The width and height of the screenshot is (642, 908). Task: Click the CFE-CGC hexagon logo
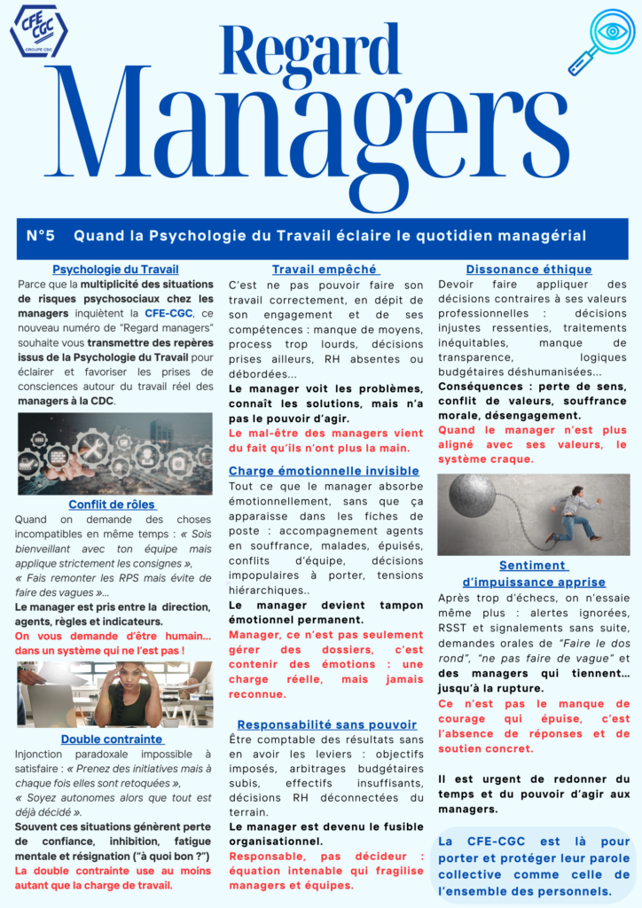click(x=38, y=31)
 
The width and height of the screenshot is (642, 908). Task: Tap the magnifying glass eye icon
click(x=603, y=39)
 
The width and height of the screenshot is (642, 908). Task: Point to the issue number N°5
click(x=41, y=236)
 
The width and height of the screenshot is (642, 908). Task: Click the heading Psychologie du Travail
click(x=115, y=270)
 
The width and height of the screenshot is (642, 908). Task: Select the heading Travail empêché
click(x=325, y=270)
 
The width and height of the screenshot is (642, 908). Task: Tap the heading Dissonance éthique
click(x=528, y=270)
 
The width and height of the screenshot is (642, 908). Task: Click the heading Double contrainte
click(x=113, y=739)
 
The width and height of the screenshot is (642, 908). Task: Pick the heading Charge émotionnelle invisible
click(x=324, y=471)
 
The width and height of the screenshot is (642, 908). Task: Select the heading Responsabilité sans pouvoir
click(x=326, y=724)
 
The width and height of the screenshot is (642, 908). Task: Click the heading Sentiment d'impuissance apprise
click(x=533, y=574)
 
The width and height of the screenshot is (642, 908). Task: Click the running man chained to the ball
click(x=573, y=513)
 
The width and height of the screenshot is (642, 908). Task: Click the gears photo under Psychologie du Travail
click(x=115, y=452)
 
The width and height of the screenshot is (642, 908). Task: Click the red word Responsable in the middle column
click(x=262, y=857)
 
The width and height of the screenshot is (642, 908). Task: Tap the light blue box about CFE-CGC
click(x=534, y=865)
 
